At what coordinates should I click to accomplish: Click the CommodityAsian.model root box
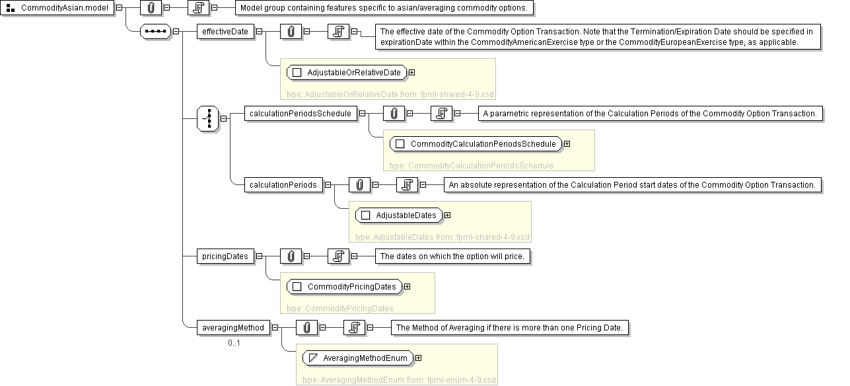(x=57, y=7)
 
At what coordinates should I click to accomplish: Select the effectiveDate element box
(x=225, y=32)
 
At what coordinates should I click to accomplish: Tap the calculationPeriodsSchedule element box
(x=301, y=114)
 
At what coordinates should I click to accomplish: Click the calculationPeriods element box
(x=283, y=185)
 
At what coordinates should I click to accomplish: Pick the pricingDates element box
(x=225, y=256)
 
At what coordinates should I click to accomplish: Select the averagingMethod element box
(x=233, y=328)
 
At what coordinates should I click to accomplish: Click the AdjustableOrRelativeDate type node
(x=347, y=73)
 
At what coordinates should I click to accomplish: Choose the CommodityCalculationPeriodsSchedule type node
(x=476, y=144)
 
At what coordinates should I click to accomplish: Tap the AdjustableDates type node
(x=399, y=215)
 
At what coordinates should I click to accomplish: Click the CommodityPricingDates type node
(x=345, y=287)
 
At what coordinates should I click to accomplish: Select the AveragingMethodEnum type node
(x=358, y=358)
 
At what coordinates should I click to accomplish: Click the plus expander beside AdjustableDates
(x=448, y=215)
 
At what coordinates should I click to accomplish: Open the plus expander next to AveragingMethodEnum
(x=419, y=358)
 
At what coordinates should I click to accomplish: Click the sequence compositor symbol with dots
(x=156, y=32)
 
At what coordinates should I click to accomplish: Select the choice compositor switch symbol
(x=208, y=119)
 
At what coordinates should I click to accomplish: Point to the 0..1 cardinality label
(x=234, y=343)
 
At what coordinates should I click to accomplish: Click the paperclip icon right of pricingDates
(x=291, y=256)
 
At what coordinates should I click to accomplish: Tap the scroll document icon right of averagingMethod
(x=355, y=328)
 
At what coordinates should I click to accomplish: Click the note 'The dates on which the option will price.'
(x=452, y=256)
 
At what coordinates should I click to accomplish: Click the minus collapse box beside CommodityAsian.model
(x=119, y=7)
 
